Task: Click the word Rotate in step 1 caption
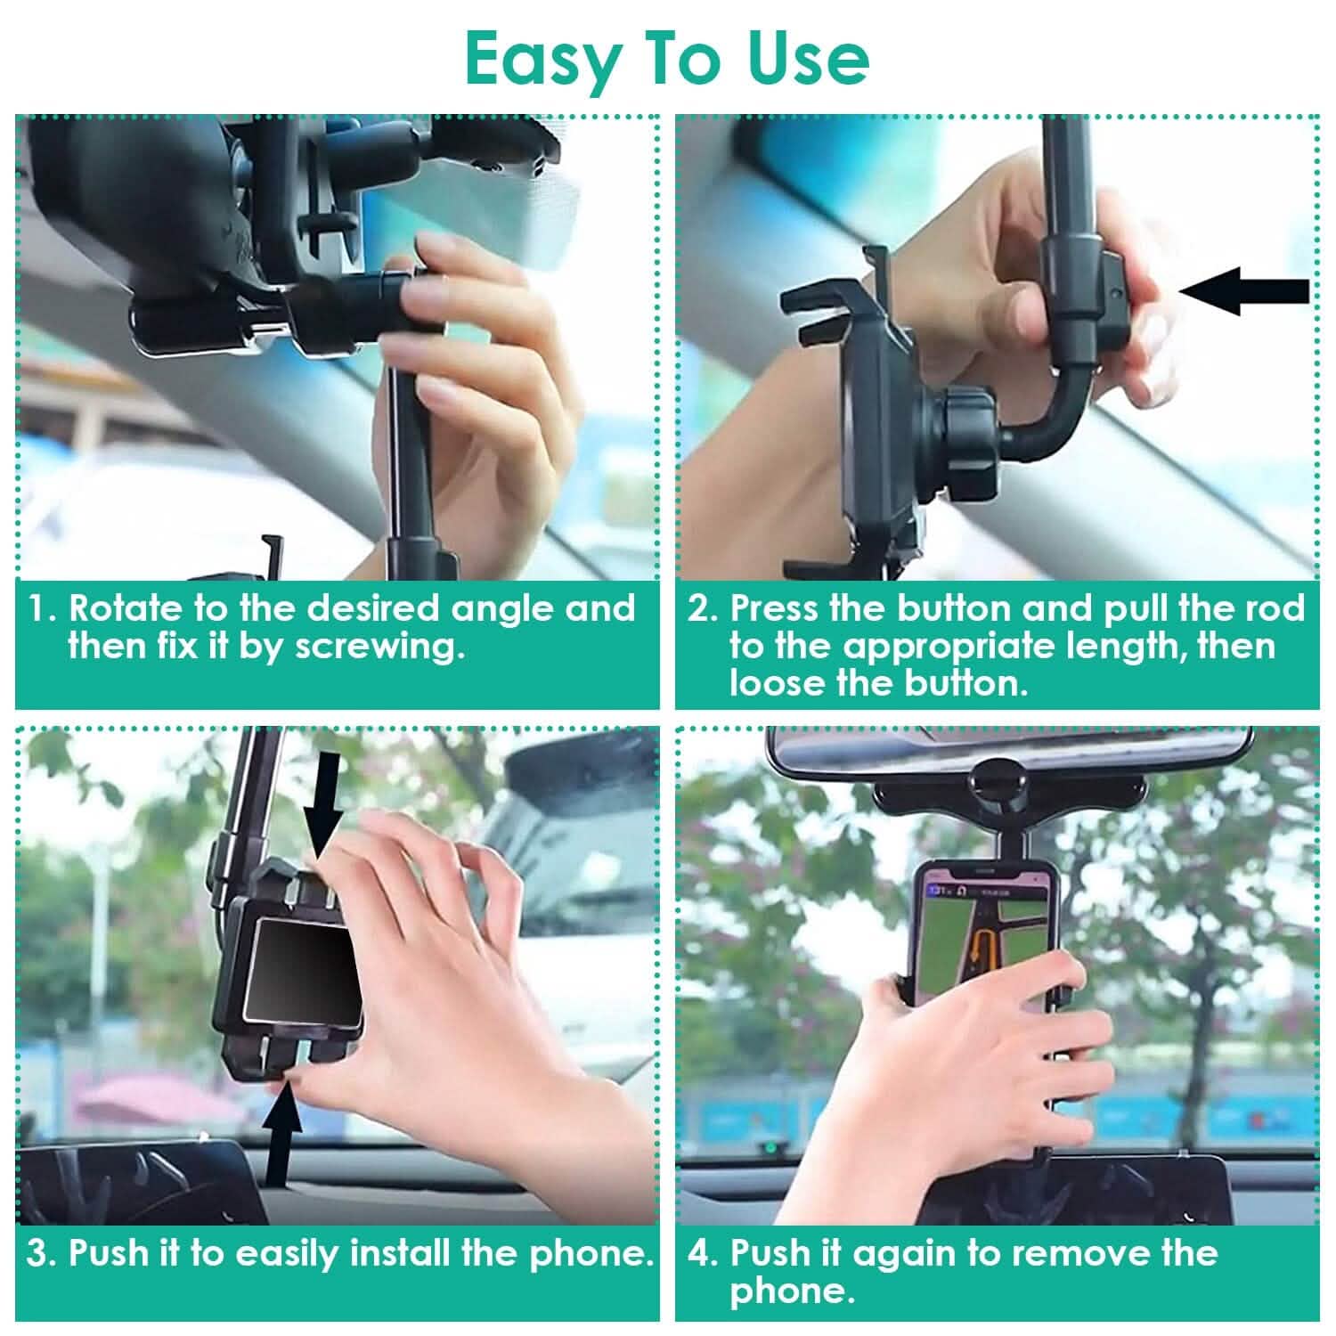[x=124, y=609]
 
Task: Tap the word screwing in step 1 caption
[x=380, y=647]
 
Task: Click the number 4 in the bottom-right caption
[x=700, y=1254]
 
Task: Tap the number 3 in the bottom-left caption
[x=40, y=1254]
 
